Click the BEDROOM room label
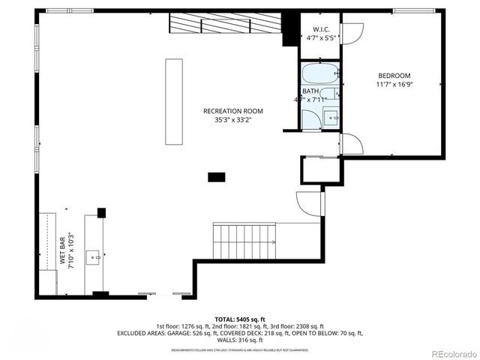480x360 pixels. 394,76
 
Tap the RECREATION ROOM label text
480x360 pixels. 233,111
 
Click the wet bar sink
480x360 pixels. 94,256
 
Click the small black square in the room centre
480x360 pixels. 217,177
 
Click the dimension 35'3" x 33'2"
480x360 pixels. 233,120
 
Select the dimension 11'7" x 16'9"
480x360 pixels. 394,85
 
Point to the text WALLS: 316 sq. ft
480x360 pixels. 239,340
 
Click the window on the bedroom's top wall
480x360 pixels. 412,10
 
